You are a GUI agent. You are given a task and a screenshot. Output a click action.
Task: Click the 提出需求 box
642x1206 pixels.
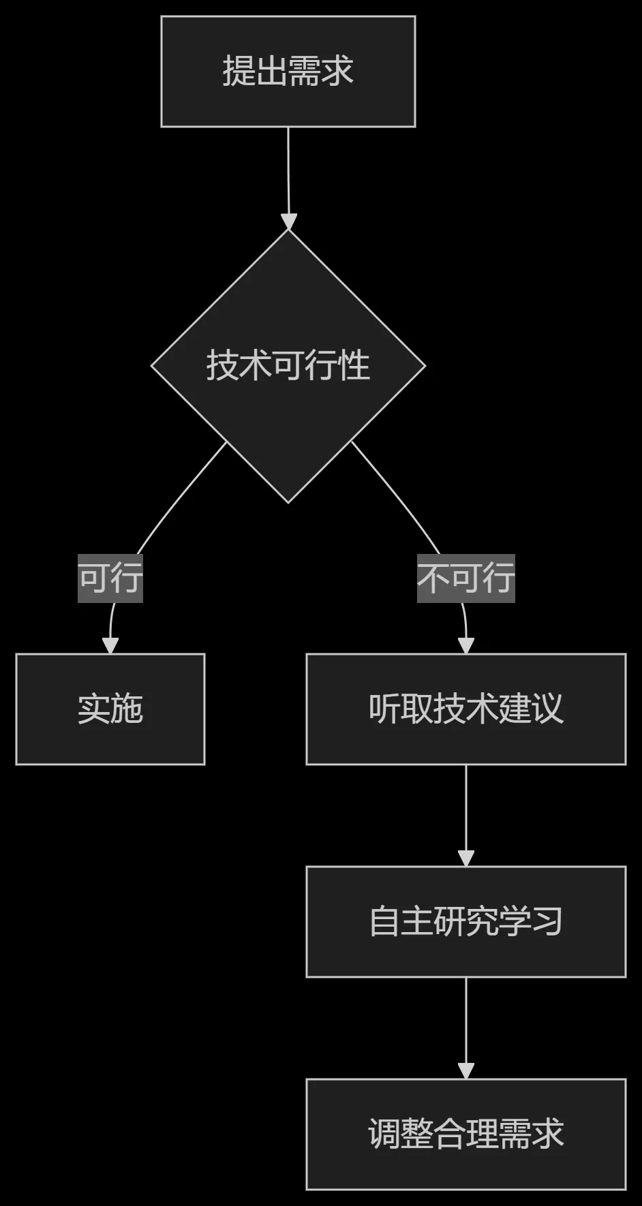pyautogui.click(x=288, y=72)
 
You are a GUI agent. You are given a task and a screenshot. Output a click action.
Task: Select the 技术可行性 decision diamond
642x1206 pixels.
pyautogui.click(x=288, y=366)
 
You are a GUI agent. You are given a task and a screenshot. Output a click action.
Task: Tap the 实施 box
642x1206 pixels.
pyautogui.click(x=110, y=709)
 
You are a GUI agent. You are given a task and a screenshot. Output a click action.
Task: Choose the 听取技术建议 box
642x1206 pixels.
pyautogui.click(x=466, y=709)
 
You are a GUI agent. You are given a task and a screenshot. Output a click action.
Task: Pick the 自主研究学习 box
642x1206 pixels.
pyautogui.click(x=466, y=922)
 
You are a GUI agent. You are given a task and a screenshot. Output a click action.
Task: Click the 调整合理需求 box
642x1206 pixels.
pyautogui.click(x=466, y=1134)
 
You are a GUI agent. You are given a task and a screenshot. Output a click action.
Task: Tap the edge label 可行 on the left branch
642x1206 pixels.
pyautogui.click(x=110, y=578)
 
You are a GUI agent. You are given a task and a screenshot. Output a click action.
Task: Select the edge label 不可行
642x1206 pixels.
pyautogui.click(x=466, y=578)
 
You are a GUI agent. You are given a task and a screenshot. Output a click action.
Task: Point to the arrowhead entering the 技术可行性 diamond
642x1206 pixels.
pyautogui.click(x=289, y=221)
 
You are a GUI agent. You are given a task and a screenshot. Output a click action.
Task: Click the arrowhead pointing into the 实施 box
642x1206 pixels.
pyautogui.click(x=110, y=646)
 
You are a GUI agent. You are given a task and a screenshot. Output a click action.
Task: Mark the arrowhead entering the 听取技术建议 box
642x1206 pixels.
pyautogui.click(x=466, y=646)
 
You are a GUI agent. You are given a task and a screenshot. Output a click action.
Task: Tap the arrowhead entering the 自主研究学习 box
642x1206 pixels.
pyautogui.click(x=466, y=859)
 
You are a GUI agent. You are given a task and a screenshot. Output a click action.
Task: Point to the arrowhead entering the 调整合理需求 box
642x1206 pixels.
pyautogui.click(x=466, y=1071)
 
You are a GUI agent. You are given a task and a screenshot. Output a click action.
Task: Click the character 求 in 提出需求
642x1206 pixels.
pyautogui.click(x=338, y=72)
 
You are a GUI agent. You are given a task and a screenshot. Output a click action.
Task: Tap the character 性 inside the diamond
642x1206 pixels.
pyautogui.click(x=354, y=366)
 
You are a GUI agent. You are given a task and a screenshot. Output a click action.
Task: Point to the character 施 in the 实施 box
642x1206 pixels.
pyautogui.click(x=127, y=709)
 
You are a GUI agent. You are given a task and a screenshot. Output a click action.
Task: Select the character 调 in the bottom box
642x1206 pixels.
pyautogui.click(x=384, y=1134)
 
